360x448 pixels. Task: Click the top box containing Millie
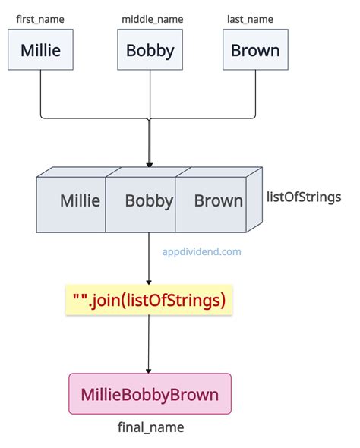(40, 51)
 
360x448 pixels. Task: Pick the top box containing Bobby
(150, 51)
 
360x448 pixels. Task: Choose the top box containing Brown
(255, 51)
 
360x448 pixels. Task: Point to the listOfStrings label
(304, 197)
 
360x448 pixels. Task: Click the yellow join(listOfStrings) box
(150, 301)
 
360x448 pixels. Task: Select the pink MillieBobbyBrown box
(150, 394)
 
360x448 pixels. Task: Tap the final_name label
(150, 427)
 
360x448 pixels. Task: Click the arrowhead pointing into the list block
(150, 162)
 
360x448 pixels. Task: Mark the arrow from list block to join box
(150, 258)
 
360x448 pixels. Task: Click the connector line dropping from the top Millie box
(40, 95)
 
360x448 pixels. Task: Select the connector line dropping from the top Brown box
(255, 95)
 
